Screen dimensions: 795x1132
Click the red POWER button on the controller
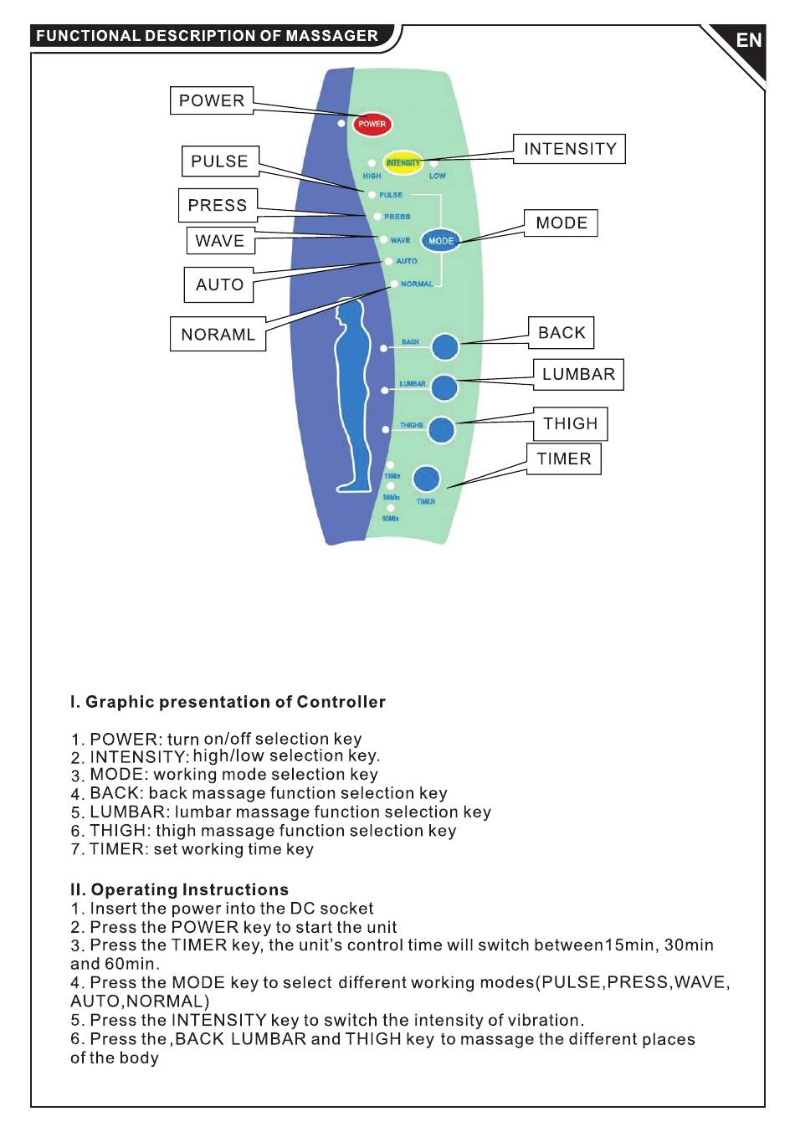pos(372,124)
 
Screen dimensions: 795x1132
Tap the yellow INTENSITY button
pos(403,162)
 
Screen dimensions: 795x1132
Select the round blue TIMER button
pos(426,479)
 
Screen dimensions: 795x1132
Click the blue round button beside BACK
pos(444,346)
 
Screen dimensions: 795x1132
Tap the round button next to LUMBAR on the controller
pos(444,388)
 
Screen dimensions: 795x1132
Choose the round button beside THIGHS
pos(441,430)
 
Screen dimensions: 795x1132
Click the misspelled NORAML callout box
pos(218,334)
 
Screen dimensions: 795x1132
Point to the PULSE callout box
pos(220,161)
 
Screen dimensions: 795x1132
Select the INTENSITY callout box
pos(570,149)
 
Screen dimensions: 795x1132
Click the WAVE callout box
pos(220,241)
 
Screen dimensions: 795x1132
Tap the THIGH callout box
pos(571,423)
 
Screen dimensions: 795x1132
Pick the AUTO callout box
pos(219,284)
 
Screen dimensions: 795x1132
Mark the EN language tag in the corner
pos(748,40)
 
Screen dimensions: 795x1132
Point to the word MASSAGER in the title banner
pos(331,36)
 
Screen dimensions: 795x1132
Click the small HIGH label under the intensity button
pos(372,176)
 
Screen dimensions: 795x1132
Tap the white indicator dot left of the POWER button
pos(341,123)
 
